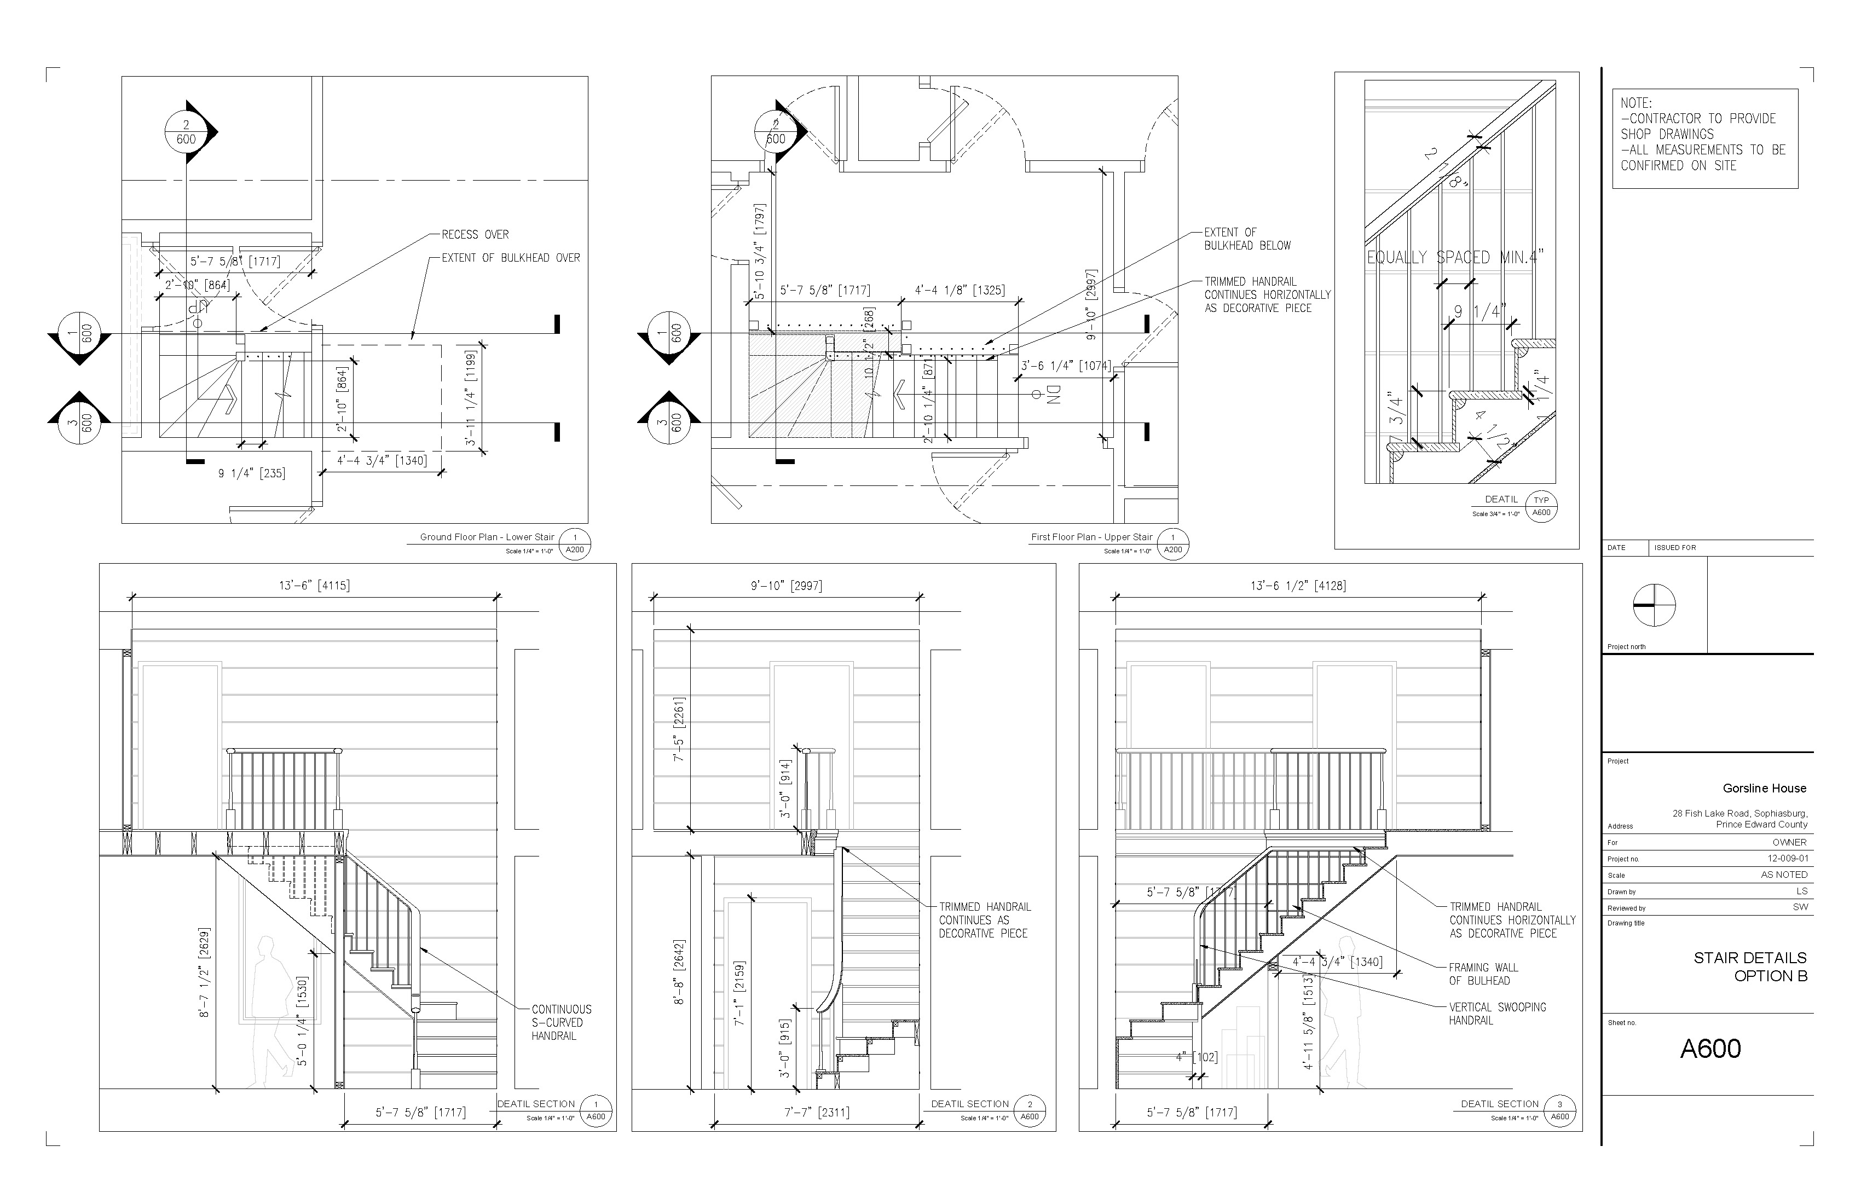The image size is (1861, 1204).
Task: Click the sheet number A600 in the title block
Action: tap(1710, 1049)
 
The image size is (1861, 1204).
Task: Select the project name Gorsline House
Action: tap(1764, 788)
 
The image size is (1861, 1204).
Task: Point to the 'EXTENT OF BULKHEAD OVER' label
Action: tap(511, 258)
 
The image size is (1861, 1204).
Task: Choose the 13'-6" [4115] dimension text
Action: tap(314, 586)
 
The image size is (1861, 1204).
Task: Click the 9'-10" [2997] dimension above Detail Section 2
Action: tap(786, 586)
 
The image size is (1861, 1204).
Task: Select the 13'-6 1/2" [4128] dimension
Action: tap(1298, 586)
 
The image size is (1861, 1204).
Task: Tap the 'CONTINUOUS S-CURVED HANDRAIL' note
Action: tap(562, 1023)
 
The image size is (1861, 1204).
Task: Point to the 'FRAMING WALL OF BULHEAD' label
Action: tap(1483, 974)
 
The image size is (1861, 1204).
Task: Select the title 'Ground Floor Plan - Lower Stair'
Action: tap(487, 537)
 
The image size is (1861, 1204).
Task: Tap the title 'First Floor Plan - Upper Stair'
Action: tap(1091, 537)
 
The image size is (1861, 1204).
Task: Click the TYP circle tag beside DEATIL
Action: tap(1541, 506)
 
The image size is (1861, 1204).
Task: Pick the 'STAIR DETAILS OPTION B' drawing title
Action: tap(1750, 966)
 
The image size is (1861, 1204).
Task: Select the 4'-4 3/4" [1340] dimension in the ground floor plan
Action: tap(382, 460)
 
